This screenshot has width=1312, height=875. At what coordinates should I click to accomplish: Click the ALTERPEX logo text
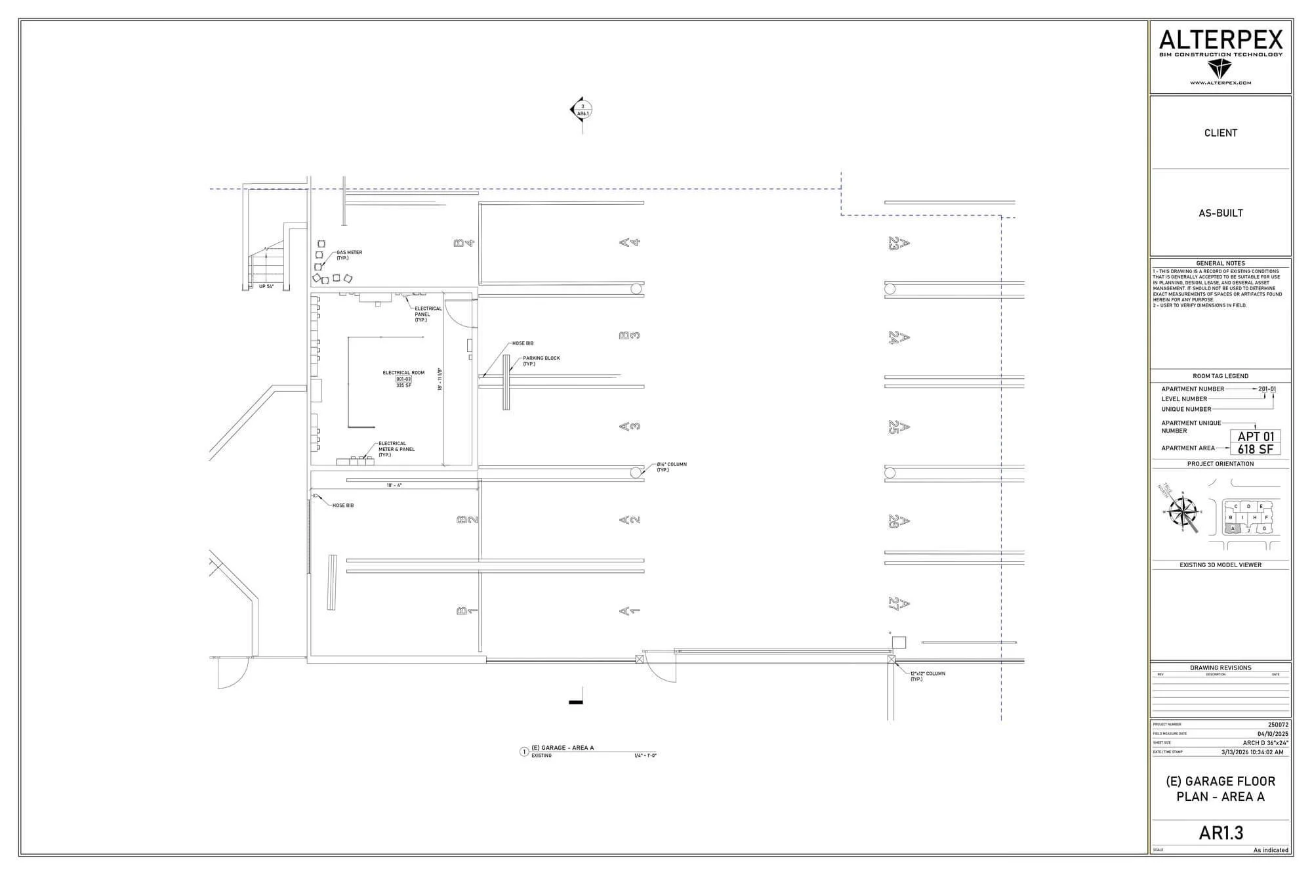pyautogui.click(x=1220, y=41)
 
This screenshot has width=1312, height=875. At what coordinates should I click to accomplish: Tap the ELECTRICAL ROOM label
pyautogui.click(x=403, y=373)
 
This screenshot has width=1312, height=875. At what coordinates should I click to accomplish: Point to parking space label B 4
pyautogui.click(x=463, y=243)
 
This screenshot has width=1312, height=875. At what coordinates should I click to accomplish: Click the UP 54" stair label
pyautogui.click(x=266, y=286)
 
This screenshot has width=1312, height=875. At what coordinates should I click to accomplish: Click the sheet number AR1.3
pyautogui.click(x=1220, y=832)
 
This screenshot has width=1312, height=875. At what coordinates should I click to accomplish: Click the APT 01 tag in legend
pyautogui.click(x=1255, y=437)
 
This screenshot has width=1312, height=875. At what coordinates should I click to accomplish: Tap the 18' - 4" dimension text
pyautogui.click(x=394, y=485)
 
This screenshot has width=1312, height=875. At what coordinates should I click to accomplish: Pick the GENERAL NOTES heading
pyautogui.click(x=1220, y=263)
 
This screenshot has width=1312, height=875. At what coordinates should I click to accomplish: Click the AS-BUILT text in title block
pyautogui.click(x=1220, y=213)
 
